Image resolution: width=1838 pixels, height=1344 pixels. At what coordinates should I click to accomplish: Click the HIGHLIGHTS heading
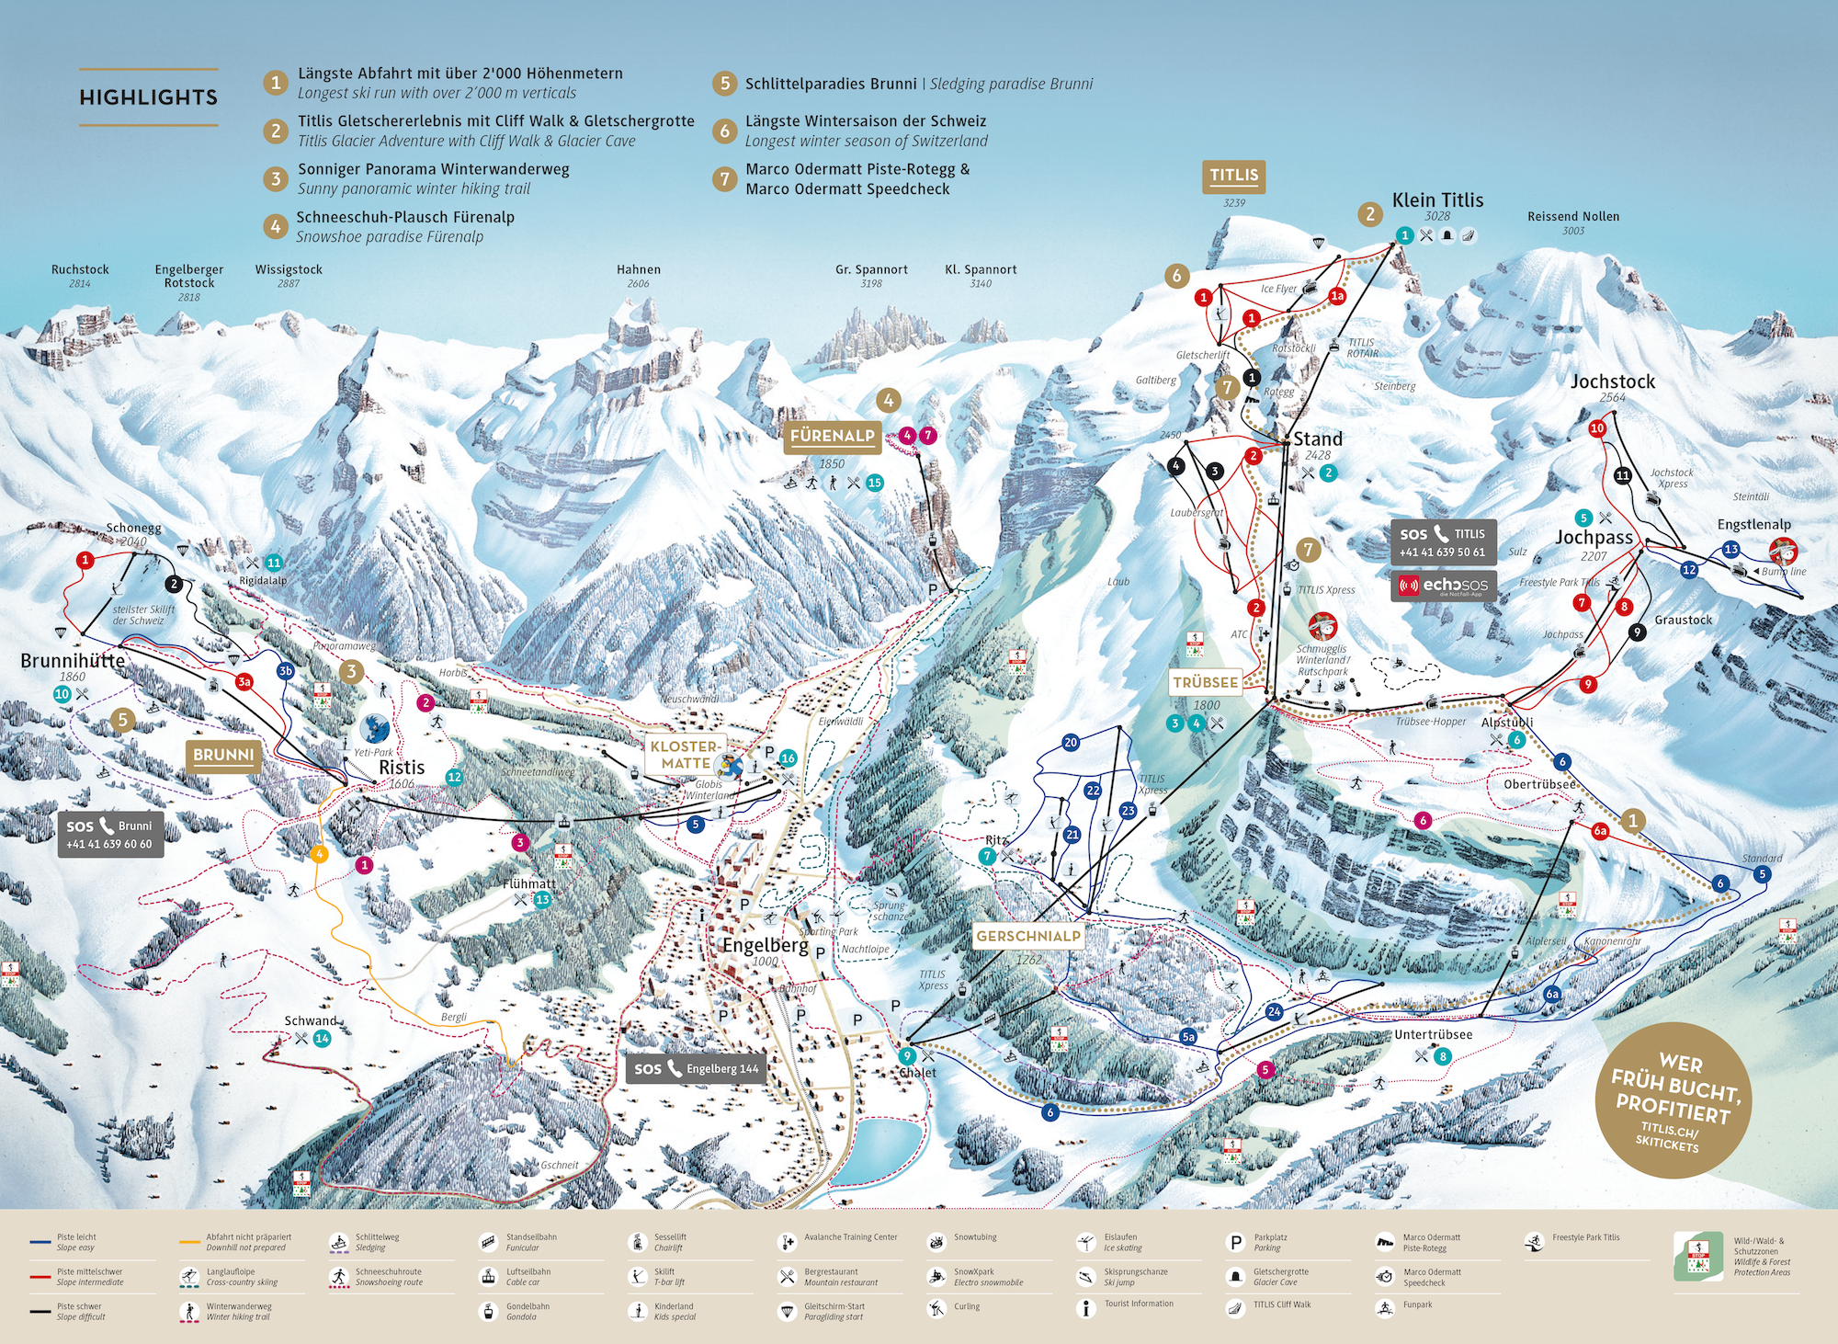pos(148,97)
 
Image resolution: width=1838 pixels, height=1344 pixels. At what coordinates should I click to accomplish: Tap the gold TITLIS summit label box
pos(1233,176)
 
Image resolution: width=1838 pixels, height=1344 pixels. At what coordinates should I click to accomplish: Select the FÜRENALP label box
pos(833,436)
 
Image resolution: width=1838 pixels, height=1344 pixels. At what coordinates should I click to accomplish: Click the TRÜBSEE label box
pos(1205,682)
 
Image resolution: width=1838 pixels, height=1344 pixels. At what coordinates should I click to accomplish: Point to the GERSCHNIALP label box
pos(1028,936)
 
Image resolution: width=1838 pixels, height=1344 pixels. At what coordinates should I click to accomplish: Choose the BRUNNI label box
pos(223,755)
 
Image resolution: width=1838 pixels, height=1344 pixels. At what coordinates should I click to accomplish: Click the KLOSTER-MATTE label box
pos(686,755)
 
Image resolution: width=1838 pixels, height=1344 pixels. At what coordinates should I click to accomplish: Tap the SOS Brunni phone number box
pos(110,835)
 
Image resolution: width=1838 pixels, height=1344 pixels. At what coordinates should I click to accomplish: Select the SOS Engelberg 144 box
pos(696,1068)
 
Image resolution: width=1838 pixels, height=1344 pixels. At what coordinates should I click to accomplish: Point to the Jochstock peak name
pos(1612,382)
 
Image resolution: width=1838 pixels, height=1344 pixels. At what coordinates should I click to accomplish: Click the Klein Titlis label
pos(1437,200)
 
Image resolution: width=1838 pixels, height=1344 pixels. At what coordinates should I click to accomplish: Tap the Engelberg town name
pos(765,945)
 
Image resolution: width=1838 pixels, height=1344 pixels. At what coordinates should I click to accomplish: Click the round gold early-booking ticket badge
pos(1672,1100)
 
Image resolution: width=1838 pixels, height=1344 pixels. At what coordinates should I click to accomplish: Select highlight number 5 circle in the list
pos(724,84)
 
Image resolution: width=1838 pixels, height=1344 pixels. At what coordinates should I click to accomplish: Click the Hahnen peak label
pos(638,269)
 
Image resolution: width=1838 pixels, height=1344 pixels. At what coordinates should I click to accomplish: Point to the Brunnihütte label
pos(73,660)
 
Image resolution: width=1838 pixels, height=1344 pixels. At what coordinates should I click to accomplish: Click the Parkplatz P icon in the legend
pos(1236,1243)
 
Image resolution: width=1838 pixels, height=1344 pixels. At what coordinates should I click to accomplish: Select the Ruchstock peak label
pos(80,269)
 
